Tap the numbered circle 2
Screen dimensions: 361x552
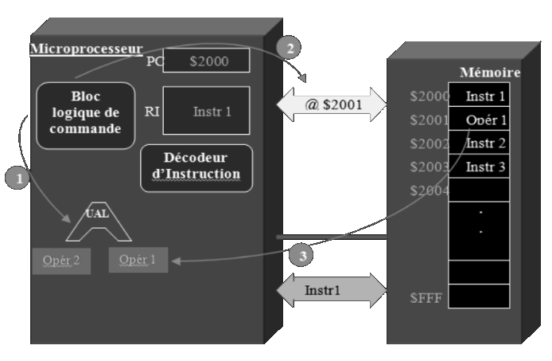point(290,48)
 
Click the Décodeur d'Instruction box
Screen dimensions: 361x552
point(196,167)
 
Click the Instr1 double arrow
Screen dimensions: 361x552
point(331,288)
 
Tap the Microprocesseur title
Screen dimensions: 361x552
point(86,49)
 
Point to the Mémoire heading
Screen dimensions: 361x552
point(489,73)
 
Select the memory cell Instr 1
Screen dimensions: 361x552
point(484,97)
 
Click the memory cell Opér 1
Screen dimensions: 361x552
point(484,120)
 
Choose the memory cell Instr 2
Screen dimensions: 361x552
point(484,143)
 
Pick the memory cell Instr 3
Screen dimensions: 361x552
point(484,167)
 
